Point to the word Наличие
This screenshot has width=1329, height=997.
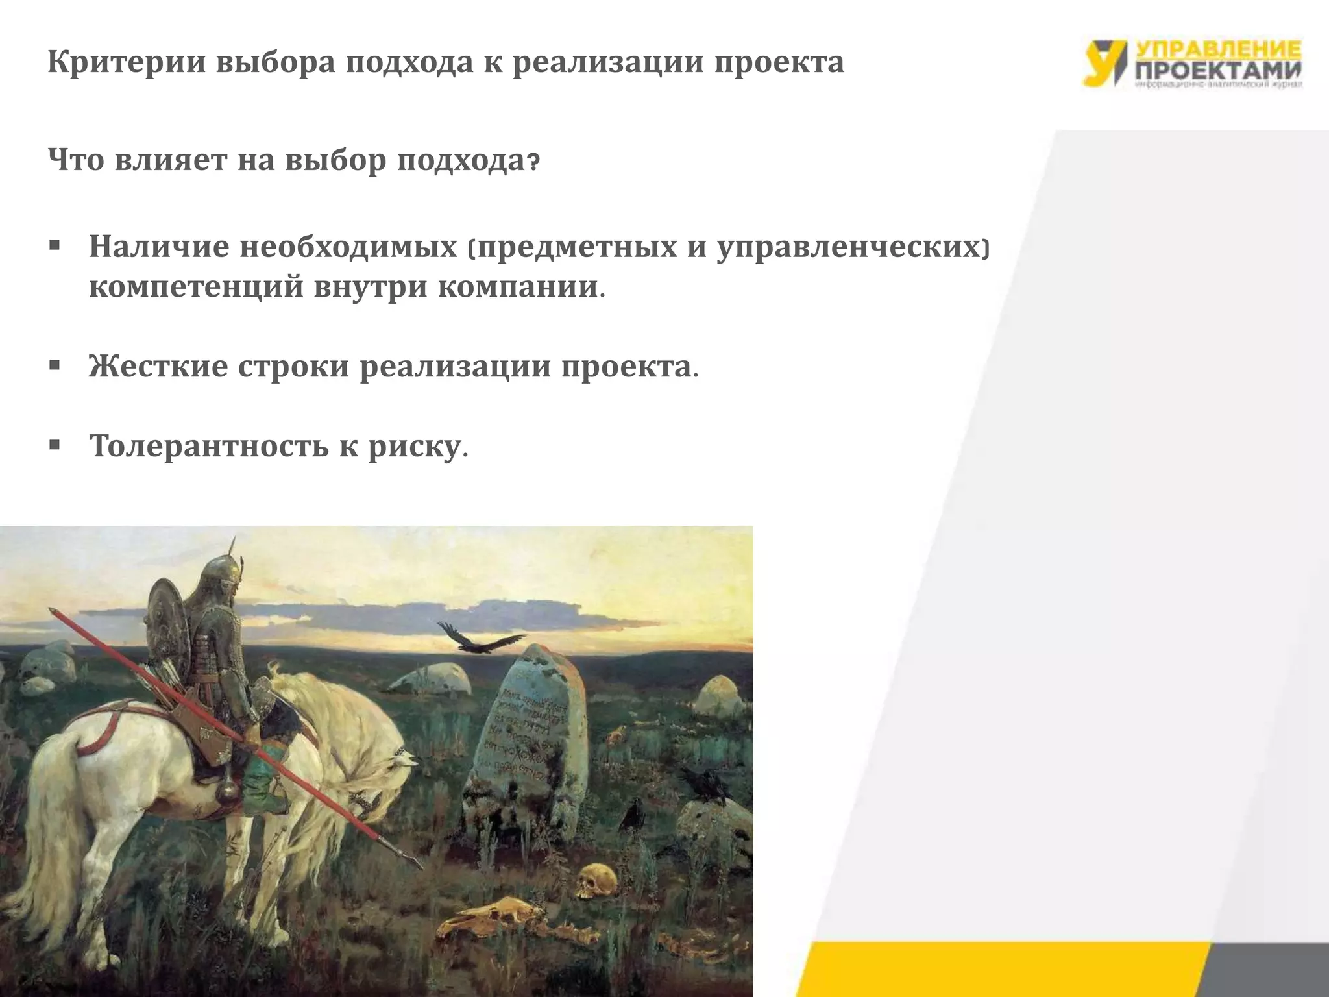159,247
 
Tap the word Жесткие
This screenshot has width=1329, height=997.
158,367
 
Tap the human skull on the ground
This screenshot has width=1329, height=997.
596,880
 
